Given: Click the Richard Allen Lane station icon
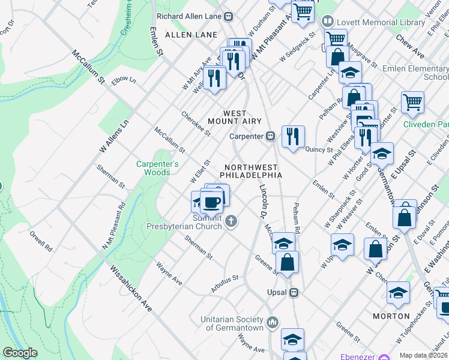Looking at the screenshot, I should pyautogui.click(x=228, y=17).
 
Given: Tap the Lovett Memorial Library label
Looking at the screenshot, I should pyautogui.click(x=380, y=22).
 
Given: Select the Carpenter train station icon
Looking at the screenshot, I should pyautogui.click(x=271, y=136).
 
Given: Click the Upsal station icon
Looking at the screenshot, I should pyautogui.click(x=294, y=293).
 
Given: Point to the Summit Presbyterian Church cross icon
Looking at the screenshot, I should pyautogui.click(x=231, y=223).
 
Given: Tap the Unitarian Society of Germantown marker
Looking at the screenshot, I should pyautogui.click(x=273, y=323).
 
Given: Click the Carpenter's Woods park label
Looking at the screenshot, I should pyautogui.click(x=157, y=168).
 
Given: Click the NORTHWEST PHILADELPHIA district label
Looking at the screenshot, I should pyautogui.click(x=250, y=171).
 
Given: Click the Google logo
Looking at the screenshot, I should pyautogui.click(x=20, y=353).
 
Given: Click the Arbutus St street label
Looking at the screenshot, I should pyautogui.click(x=224, y=283).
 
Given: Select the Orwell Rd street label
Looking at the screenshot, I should pyautogui.click(x=40, y=241).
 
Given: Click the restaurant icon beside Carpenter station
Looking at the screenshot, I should pyautogui.click(x=293, y=136).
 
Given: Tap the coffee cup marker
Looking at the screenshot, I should pyautogui.click(x=211, y=202).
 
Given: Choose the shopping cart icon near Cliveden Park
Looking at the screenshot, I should pyautogui.click(x=412, y=101).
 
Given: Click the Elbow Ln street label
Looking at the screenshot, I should pyautogui.click(x=124, y=80).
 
